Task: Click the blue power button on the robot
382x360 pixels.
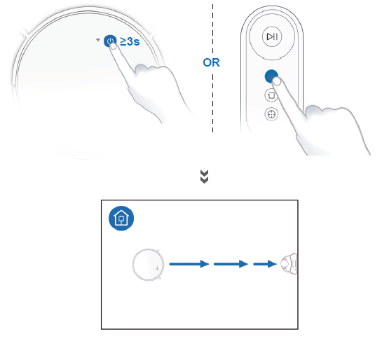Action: (110, 41)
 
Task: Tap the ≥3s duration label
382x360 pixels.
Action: (130, 41)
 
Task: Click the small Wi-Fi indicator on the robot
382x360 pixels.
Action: (98, 40)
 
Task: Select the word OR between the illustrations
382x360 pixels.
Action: (211, 62)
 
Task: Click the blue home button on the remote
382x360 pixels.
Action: (271, 76)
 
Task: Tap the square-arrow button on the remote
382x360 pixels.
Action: (271, 95)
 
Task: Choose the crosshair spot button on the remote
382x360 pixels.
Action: (271, 114)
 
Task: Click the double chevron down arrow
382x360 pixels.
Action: (204, 176)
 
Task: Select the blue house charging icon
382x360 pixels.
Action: (121, 219)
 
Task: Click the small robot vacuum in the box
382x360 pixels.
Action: (148, 265)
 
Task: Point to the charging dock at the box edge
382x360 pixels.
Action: (289, 264)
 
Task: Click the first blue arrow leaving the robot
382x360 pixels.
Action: (189, 264)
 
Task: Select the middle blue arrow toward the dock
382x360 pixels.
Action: (231, 264)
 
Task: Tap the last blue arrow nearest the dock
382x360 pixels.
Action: (265, 264)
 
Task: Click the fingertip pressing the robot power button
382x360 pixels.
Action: (113, 46)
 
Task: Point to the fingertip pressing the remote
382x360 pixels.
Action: (276, 81)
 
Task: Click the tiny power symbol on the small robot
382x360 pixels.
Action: (157, 268)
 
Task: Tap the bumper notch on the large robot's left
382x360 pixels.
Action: (24, 32)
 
